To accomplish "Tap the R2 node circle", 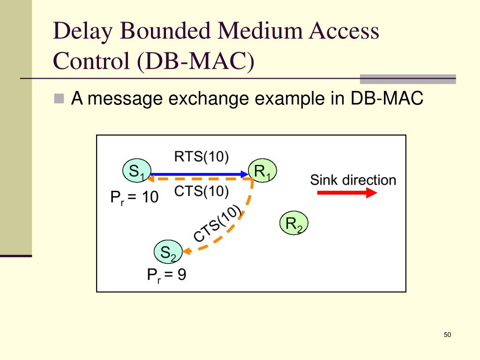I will pyautogui.click(x=293, y=224).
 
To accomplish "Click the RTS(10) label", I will pyautogui.click(x=201, y=157).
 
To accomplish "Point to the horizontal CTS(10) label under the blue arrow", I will pyautogui.click(x=201, y=191).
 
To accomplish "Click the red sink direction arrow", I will pyautogui.click(x=347, y=193).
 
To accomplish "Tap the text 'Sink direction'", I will pyautogui.click(x=353, y=180).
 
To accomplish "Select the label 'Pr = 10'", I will pyautogui.click(x=135, y=198).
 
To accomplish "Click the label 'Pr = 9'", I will pyautogui.click(x=166, y=275).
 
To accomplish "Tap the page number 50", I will pyautogui.click(x=447, y=335).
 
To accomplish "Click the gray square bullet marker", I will pyautogui.click(x=59, y=98).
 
